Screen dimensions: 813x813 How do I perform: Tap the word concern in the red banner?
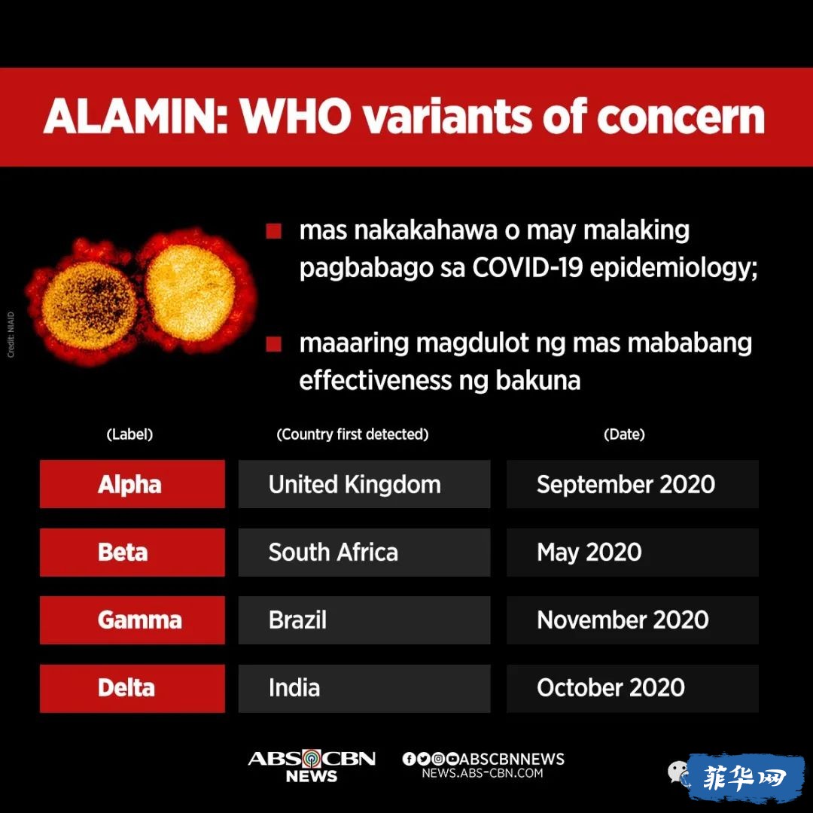click(x=681, y=116)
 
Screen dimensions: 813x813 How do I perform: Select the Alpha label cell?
click(x=132, y=484)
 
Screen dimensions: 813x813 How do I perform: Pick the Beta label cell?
click(x=132, y=553)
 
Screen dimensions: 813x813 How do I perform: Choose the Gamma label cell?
click(x=132, y=620)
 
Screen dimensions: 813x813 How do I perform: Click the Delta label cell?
click(x=132, y=689)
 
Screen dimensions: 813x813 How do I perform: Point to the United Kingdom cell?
click(x=364, y=484)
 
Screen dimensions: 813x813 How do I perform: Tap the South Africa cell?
click(x=364, y=553)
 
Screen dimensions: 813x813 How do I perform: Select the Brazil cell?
click(x=364, y=620)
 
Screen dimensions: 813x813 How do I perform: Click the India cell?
click(x=364, y=689)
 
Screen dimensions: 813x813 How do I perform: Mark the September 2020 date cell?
click(x=632, y=484)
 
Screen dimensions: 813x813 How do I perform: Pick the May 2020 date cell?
click(x=632, y=553)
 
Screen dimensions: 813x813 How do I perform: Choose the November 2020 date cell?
click(x=632, y=620)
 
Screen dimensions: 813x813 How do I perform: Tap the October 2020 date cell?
click(x=632, y=689)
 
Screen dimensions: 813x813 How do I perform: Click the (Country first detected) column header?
click(x=352, y=434)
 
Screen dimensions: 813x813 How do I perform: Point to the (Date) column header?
click(x=624, y=434)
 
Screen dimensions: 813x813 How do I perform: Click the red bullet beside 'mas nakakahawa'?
click(x=273, y=231)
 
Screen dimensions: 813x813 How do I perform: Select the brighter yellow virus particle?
click(x=190, y=292)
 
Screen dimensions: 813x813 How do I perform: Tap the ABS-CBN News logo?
click(x=312, y=766)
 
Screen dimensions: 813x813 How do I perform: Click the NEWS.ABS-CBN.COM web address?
click(x=483, y=773)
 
